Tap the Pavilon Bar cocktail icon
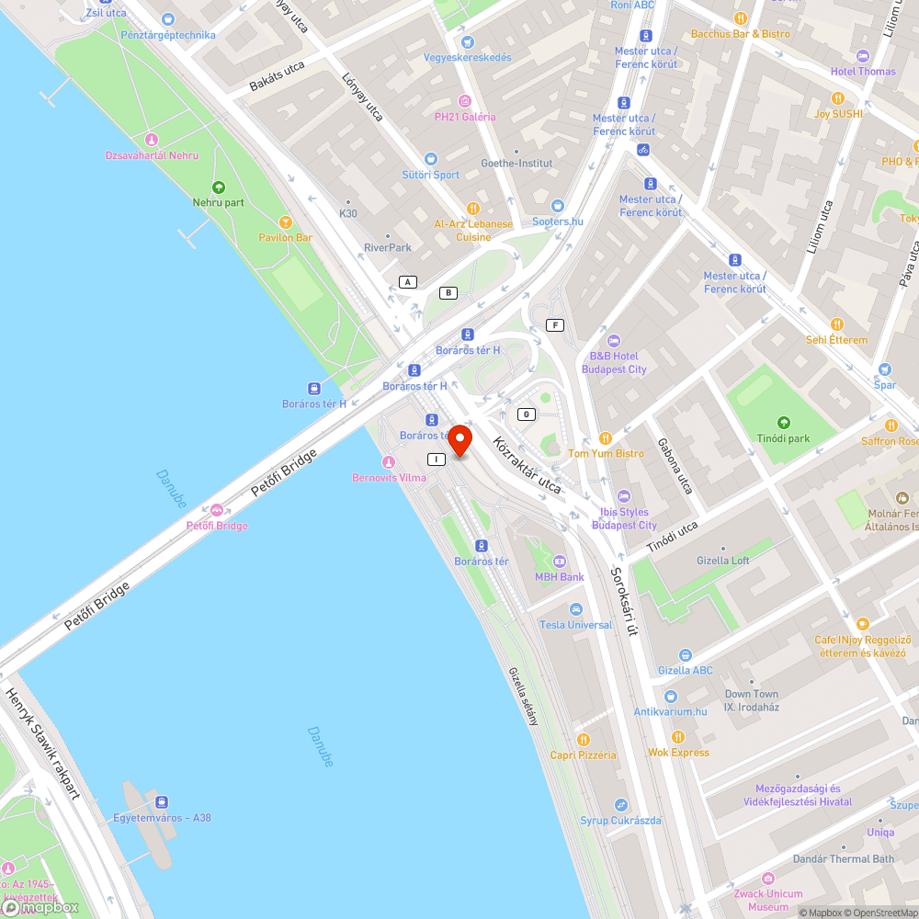[285, 221]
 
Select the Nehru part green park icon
[218, 187]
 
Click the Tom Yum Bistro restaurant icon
[605, 438]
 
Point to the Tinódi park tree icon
[784, 423]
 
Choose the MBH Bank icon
[560, 562]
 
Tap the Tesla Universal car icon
[575, 609]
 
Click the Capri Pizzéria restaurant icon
[583, 740]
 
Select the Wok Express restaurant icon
[677, 737]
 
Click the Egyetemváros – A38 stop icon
[162, 802]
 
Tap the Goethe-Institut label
[517, 163]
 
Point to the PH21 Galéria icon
[465, 101]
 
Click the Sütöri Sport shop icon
[431, 159]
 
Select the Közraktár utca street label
[527, 465]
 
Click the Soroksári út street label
[624, 601]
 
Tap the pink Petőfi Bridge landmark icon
[217, 510]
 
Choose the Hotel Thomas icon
[862, 56]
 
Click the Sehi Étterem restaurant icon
[836, 324]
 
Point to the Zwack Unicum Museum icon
[768, 879]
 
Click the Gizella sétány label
[524, 696]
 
